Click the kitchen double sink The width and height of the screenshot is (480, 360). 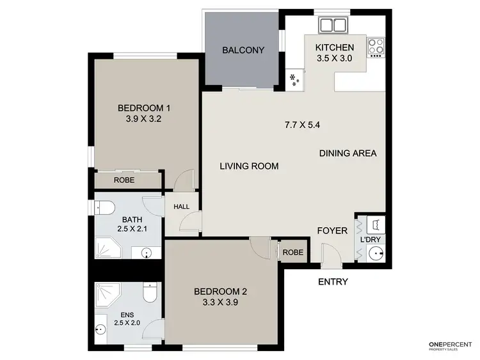[333, 26]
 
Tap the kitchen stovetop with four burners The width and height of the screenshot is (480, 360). [376, 46]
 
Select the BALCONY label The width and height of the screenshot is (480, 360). [243, 51]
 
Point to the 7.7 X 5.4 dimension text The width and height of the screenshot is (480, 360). [302, 125]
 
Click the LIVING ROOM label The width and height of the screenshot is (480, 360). [249, 166]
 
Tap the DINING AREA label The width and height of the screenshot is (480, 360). [348, 153]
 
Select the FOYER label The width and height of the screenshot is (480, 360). [333, 230]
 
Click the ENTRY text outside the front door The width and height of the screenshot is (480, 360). [333, 282]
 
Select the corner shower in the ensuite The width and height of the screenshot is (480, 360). [107, 293]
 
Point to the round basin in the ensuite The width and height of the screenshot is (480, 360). [99, 330]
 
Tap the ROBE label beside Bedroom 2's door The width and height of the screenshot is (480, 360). [293, 253]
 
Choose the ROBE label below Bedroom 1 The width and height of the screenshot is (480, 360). [124, 180]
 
